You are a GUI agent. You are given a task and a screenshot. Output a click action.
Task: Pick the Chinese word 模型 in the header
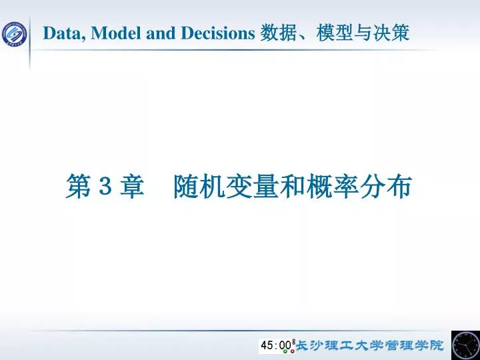(333, 32)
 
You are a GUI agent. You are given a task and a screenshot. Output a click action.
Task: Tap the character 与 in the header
(364, 32)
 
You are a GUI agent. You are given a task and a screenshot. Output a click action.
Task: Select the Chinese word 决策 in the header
(393, 32)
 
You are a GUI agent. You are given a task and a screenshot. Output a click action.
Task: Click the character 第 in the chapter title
(78, 187)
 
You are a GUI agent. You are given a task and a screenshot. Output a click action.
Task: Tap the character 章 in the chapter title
(132, 187)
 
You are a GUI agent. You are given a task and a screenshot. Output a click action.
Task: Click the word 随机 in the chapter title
(199, 187)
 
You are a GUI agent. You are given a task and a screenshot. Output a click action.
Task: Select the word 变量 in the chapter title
(253, 187)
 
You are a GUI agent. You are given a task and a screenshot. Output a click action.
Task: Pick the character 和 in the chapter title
(292, 187)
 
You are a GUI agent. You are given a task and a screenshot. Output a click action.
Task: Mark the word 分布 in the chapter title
(386, 187)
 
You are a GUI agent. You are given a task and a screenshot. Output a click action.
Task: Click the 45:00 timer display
(276, 345)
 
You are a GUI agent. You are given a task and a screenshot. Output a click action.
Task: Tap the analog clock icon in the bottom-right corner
(465, 345)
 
